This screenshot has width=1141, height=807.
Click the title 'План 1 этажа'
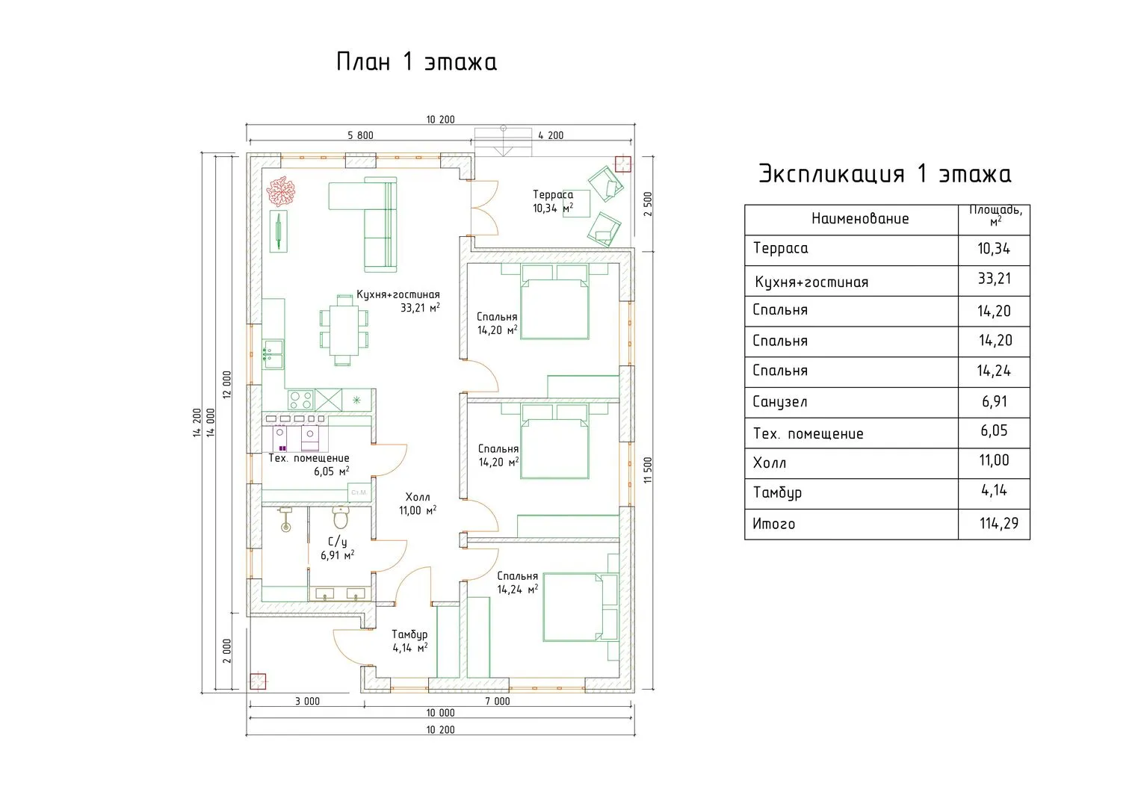[x=416, y=61]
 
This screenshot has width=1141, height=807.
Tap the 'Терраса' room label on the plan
[x=553, y=194]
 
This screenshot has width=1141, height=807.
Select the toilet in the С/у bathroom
[x=340, y=517]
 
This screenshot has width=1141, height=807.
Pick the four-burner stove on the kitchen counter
[x=300, y=400]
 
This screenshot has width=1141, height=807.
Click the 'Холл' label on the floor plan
[x=418, y=497]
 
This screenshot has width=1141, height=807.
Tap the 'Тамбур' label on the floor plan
[x=409, y=635]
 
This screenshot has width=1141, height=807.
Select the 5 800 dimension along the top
[x=360, y=135]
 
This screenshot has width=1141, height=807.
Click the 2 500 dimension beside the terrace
[x=648, y=204]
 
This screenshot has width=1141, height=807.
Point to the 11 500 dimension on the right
[x=648, y=470]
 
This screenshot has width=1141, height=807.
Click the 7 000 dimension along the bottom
[x=497, y=702]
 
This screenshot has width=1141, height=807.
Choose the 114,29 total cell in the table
[x=999, y=524]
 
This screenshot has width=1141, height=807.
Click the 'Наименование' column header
[x=860, y=219]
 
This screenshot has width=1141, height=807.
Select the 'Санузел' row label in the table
[x=780, y=402]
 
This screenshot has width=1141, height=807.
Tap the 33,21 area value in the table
[x=995, y=279]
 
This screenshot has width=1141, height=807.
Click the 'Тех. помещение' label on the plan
[x=309, y=459]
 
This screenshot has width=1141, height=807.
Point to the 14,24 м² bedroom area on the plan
[x=518, y=590]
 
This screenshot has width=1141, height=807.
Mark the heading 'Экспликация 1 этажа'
[x=885, y=173]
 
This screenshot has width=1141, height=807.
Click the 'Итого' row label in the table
[x=773, y=524]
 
